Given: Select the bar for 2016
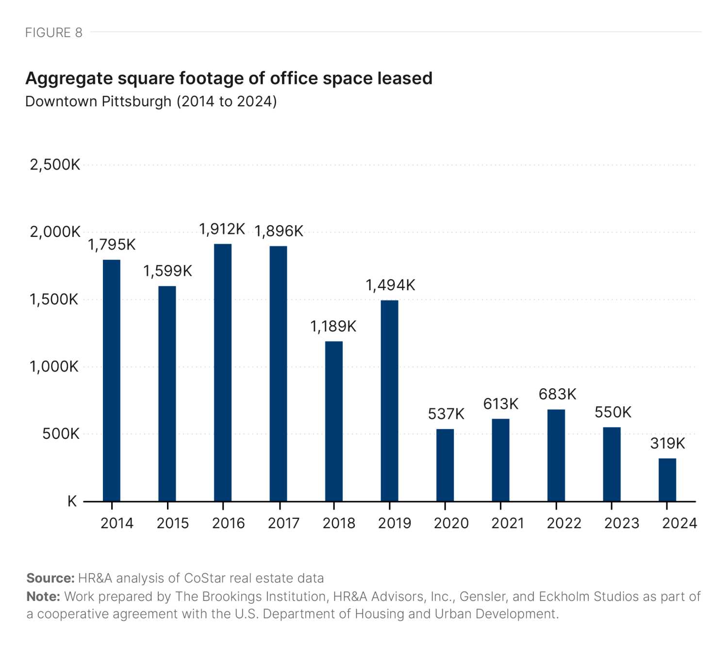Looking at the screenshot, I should (223, 372).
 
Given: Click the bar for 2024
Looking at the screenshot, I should (667, 480).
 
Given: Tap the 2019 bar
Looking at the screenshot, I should (389, 400).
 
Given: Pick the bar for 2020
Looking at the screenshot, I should (445, 465).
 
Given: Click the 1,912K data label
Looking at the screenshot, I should (222, 229).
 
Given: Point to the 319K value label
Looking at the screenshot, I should (667, 443).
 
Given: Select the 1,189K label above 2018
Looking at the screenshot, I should (333, 326).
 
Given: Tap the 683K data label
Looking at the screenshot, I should (557, 394).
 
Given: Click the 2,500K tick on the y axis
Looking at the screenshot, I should (55, 165).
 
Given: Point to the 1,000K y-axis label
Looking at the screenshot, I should (54, 366).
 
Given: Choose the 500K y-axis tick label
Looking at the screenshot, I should (61, 433).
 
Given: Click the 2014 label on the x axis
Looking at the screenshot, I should (116, 523).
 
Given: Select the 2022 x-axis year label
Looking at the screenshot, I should (563, 523).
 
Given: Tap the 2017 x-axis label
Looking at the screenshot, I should (283, 523).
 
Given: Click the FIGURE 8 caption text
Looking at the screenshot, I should (54, 33).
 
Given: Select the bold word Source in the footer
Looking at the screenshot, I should (50, 578).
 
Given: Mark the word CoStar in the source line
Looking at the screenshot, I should (204, 578).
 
